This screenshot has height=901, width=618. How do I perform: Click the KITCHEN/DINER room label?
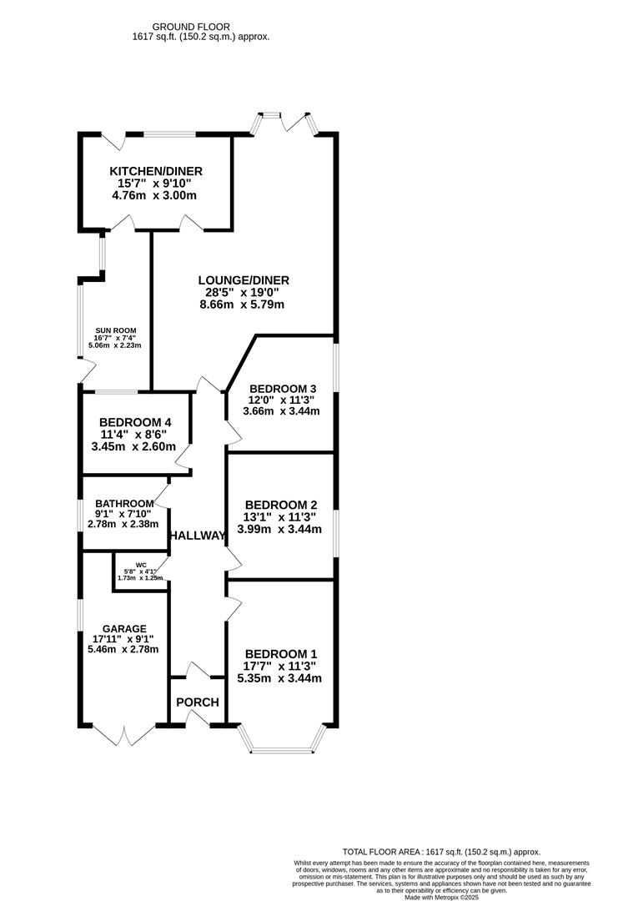click(156, 171)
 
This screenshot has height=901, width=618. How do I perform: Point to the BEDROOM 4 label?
click(135, 422)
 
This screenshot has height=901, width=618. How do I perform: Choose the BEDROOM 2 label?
click(280, 505)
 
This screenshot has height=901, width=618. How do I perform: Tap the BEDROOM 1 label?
click(280, 653)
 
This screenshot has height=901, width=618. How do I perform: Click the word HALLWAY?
click(198, 536)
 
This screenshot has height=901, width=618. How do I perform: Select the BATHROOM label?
click(124, 503)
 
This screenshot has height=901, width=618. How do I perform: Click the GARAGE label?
click(124, 628)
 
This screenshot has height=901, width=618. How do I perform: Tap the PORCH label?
click(198, 702)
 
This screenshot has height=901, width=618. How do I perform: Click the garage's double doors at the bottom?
click(124, 735)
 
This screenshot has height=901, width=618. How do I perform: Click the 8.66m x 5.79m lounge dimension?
click(242, 305)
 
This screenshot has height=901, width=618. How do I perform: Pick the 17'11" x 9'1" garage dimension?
click(124, 639)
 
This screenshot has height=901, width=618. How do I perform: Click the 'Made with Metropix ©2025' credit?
click(441, 897)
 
